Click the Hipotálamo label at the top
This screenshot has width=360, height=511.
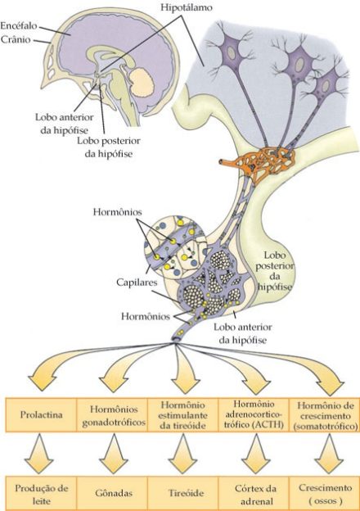coord(187,7)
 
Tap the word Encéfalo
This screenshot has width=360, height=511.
coord(19,25)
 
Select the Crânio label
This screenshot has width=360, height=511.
coord(16,40)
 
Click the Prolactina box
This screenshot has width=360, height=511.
coord(41,415)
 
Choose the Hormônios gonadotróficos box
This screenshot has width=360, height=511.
coord(112,415)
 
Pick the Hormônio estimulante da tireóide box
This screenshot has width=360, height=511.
coord(183,415)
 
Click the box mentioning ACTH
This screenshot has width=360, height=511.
coord(254,415)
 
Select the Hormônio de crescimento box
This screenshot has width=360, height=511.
coord(325,415)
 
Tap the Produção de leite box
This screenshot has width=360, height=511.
coord(41,494)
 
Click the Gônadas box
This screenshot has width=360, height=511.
coord(112,494)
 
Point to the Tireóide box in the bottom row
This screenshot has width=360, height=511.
coord(183,494)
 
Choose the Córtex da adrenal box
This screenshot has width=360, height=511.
coord(254,494)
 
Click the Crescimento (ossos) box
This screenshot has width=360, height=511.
coord(325,494)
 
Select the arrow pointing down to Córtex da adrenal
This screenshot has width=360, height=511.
coord(256,454)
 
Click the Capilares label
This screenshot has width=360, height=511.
coord(137,283)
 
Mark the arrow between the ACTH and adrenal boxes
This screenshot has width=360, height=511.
coord(256,454)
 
